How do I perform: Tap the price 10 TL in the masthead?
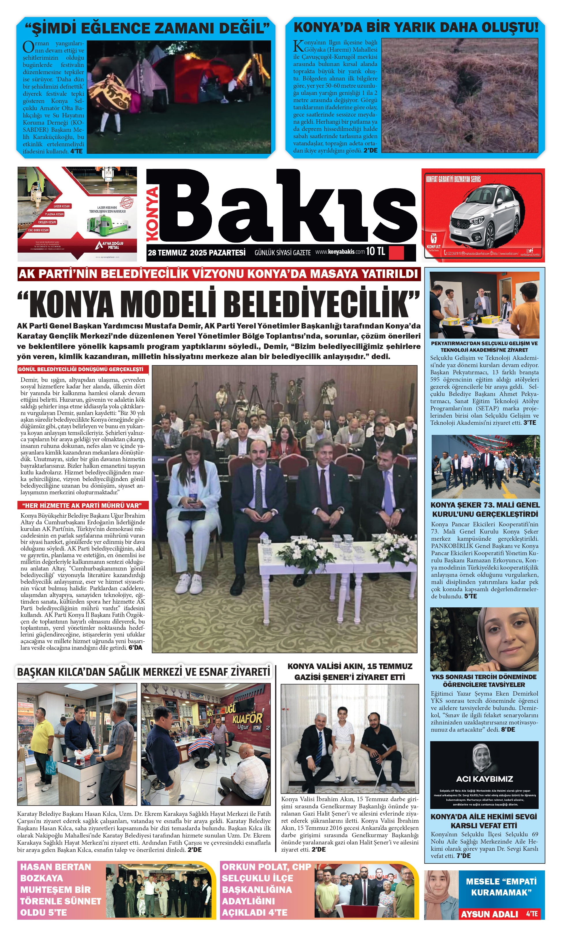(x=375, y=251)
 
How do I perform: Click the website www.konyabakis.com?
(x=340, y=252)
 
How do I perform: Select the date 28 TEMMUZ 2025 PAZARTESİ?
(x=197, y=253)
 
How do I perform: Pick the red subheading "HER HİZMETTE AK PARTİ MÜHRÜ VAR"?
(x=82, y=505)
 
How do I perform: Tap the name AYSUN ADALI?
(x=489, y=914)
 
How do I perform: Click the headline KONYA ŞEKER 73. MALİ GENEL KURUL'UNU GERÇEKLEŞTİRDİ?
(x=485, y=509)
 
